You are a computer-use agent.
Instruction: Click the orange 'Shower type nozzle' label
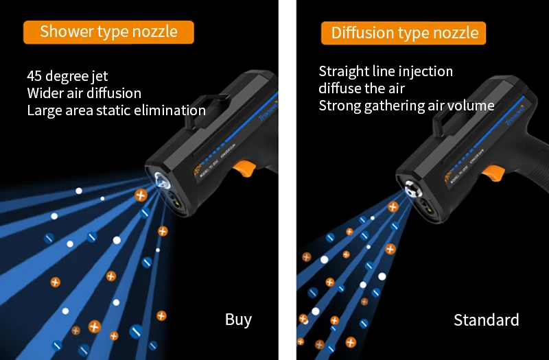tap(108, 32)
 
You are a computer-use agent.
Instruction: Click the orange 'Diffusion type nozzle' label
tap(404, 33)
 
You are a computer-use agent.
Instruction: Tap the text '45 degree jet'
tap(67, 76)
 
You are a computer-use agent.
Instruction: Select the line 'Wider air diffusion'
tap(84, 93)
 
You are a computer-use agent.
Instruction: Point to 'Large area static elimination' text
tap(116, 110)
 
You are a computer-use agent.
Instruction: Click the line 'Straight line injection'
tap(386, 71)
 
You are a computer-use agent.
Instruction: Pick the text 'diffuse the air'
tap(362, 88)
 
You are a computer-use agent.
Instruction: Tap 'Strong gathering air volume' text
tap(406, 106)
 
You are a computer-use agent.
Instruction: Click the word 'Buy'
tap(238, 320)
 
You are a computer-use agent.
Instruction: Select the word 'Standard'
tap(486, 320)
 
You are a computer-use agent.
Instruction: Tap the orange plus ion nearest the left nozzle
tap(141, 195)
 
